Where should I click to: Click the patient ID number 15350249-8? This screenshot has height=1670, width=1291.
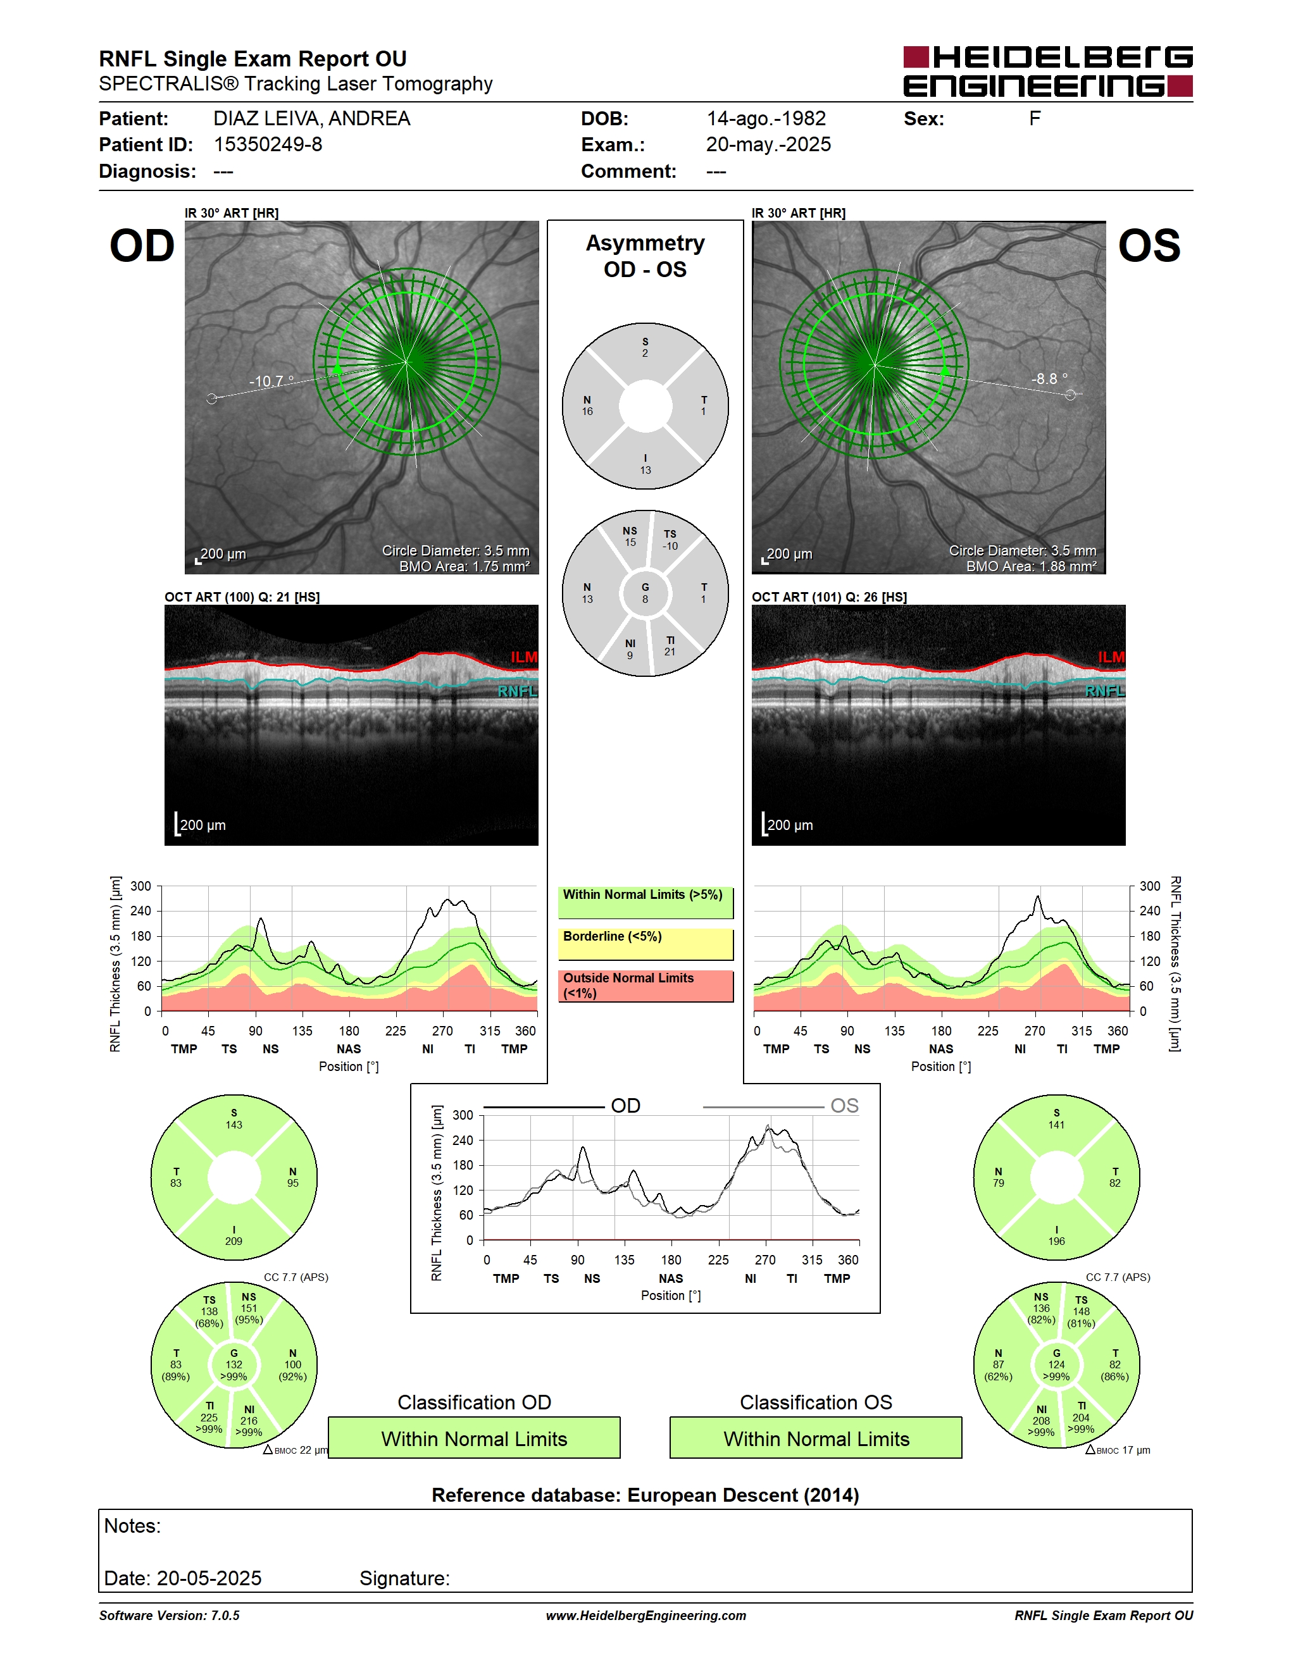pyautogui.click(x=268, y=144)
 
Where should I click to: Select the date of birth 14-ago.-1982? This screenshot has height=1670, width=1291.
pyautogui.click(x=766, y=118)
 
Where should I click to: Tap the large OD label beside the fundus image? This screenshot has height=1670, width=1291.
pyautogui.click(x=142, y=245)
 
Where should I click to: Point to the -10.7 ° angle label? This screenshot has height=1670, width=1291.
pyautogui.click(x=271, y=381)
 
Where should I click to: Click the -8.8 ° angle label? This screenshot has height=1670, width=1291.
pyautogui.click(x=1049, y=378)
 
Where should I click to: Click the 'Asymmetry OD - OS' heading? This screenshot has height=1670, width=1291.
pyautogui.click(x=645, y=256)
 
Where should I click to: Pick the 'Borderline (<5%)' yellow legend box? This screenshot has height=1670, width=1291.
pyautogui.click(x=645, y=944)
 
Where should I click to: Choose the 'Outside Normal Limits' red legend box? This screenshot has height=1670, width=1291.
pyautogui.click(x=645, y=986)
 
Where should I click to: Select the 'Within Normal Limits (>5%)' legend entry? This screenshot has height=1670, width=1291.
pyautogui.click(x=645, y=902)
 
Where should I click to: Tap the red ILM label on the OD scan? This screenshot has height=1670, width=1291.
pyautogui.click(x=524, y=657)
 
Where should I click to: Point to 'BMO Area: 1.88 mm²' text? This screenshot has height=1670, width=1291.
pyautogui.click(x=1031, y=567)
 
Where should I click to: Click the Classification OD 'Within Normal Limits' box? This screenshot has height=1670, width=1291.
pyautogui.click(x=474, y=1438)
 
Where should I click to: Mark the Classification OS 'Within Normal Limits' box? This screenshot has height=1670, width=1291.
pyautogui.click(x=816, y=1438)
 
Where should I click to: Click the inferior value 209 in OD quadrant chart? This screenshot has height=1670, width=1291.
pyautogui.click(x=234, y=1241)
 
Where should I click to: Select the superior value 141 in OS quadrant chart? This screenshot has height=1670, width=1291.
pyautogui.click(x=1056, y=1125)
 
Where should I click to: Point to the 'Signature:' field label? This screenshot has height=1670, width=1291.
pyautogui.click(x=404, y=1578)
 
